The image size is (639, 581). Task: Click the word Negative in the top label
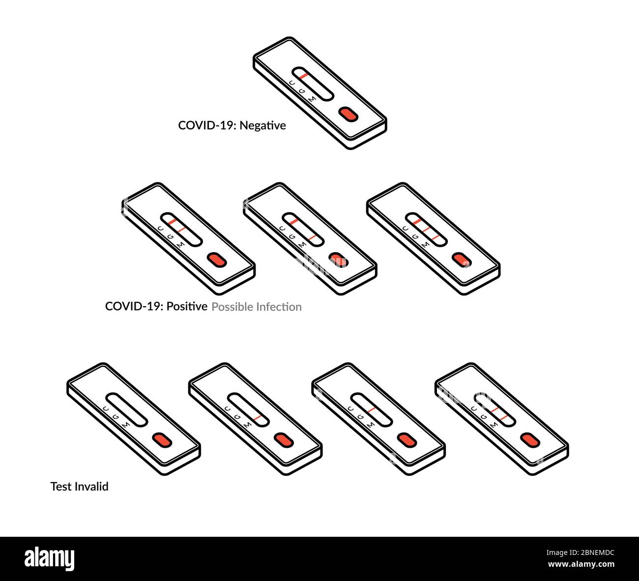tap(262, 126)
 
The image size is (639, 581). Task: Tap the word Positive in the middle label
tap(187, 306)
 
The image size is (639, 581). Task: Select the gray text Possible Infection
tap(257, 307)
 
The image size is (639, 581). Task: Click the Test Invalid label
tap(80, 487)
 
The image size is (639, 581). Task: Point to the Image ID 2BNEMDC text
tap(581, 552)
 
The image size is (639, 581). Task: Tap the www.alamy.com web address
tap(581, 564)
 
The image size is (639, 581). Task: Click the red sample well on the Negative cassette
tap(348, 114)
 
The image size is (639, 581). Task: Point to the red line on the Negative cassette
tap(304, 76)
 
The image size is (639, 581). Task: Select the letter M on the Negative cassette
tap(312, 99)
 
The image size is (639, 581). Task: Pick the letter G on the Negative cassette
tap(302, 91)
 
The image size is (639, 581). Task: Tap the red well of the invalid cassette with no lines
tap(162, 440)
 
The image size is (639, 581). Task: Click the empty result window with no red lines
tap(126, 409)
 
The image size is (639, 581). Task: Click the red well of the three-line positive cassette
tap(461, 260)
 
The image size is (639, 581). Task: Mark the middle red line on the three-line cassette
tap(426, 229)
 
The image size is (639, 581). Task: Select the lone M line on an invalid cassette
tap(259, 417)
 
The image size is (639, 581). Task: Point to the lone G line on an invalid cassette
tap(371, 409)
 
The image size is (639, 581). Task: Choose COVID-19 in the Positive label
tap(134, 306)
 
